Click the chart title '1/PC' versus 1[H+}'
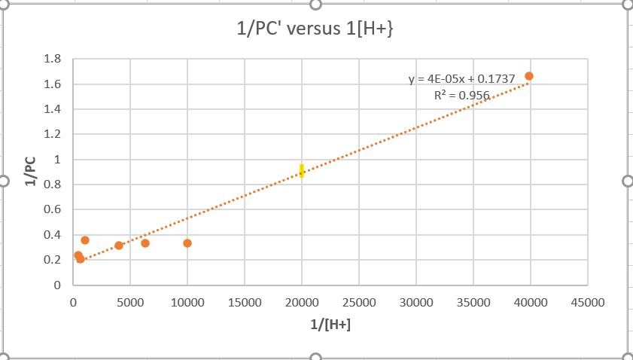pos(315,29)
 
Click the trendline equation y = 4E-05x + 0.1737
pos(461,78)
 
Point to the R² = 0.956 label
pos(461,95)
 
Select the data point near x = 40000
pos(529,76)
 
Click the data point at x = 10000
pos(187,243)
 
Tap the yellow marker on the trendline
pos(301,170)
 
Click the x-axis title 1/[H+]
pos(329,325)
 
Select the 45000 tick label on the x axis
pos(587,302)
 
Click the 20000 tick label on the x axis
pos(302,302)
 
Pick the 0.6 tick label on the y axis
pos(52,210)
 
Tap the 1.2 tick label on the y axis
pos(52,135)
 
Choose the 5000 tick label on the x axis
pos(130,302)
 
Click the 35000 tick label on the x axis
pos(473,302)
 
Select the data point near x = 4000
pos(119,246)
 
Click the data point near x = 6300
pos(145,243)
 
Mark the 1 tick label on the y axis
pos(56,160)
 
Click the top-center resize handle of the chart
pos(315,4)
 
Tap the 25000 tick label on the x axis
pos(358,302)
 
